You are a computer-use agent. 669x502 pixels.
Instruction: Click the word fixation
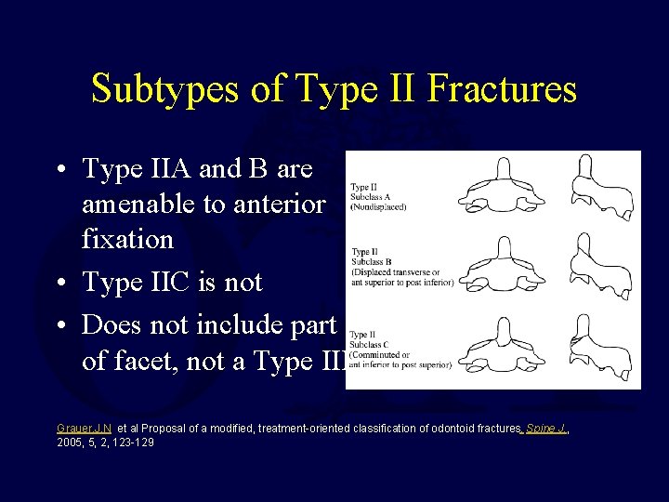coord(127,239)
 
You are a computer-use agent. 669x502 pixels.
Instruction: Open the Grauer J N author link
coord(85,429)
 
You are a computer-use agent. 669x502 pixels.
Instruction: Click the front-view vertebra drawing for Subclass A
coord(503,187)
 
